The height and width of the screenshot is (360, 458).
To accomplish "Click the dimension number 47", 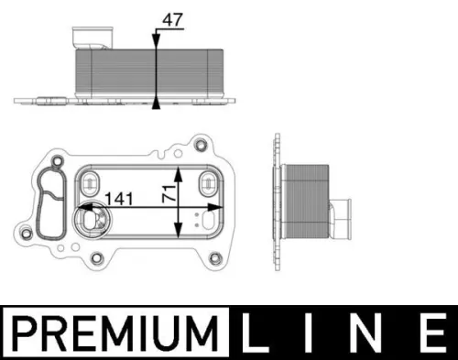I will tap(172, 16).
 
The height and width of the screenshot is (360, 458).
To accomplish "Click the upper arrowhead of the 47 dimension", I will tap(158, 38).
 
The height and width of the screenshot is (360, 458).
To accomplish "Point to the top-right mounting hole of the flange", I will tap(201, 143).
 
